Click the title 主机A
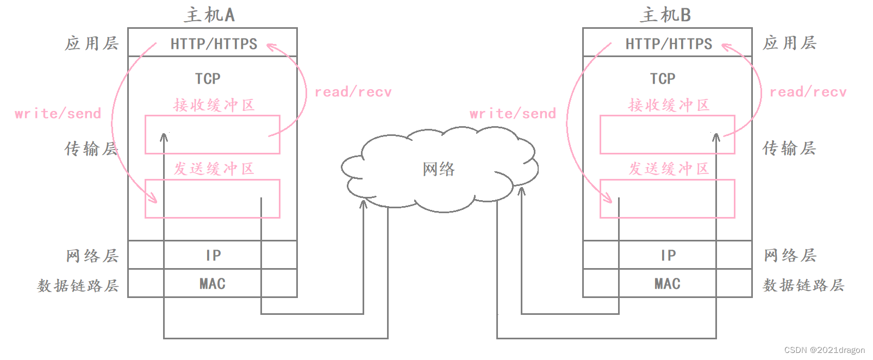[x=209, y=15]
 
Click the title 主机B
[x=665, y=15]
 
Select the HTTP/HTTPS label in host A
[x=214, y=44]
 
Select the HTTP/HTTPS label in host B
[x=669, y=44]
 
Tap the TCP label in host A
[x=208, y=79]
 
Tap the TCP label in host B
[x=663, y=79]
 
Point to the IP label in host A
[x=213, y=256]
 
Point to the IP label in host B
[x=668, y=256]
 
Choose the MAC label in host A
[x=213, y=284]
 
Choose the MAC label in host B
[x=668, y=284]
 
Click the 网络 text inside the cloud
[x=439, y=169]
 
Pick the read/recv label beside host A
[x=353, y=92]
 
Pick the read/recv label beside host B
[x=808, y=92]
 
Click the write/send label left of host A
[x=58, y=114]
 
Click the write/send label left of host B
[x=513, y=114]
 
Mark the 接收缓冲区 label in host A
[x=214, y=105]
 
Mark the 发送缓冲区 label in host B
[x=669, y=169]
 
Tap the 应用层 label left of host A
[x=91, y=44]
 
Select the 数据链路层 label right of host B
[x=803, y=285]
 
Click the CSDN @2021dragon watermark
[x=824, y=350]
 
